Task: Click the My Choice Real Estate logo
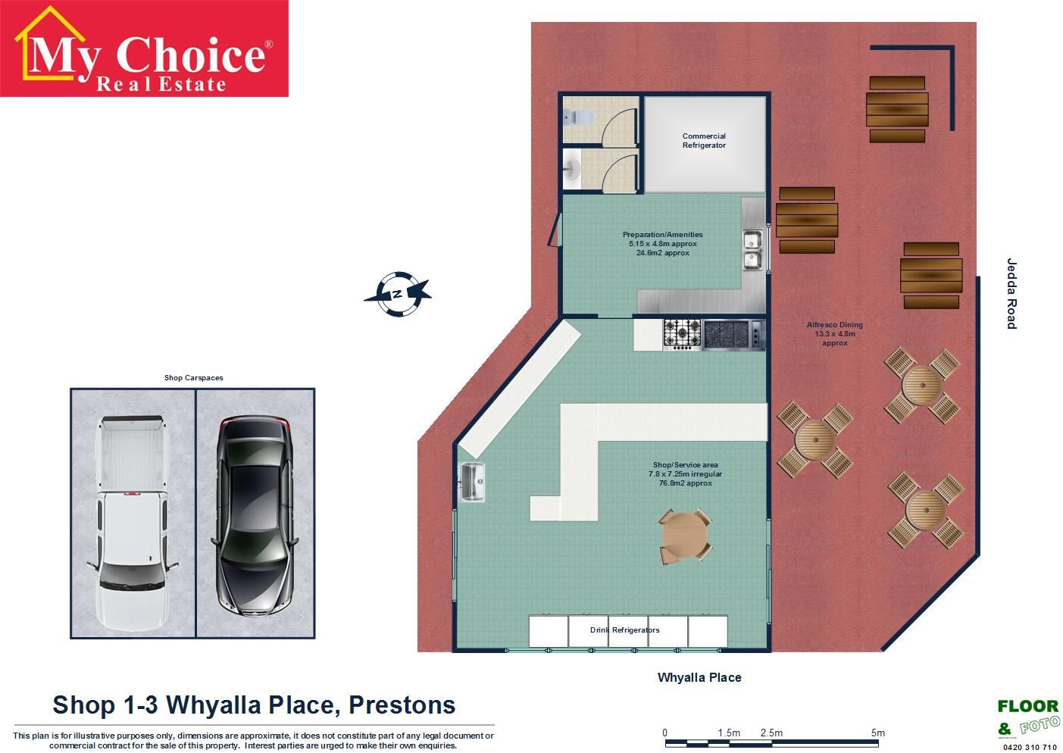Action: [144, 48]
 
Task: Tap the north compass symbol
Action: [399, 294]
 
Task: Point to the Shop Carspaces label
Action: [194, 378]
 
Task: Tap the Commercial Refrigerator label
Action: [704, 140]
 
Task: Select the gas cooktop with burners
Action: [683, 335]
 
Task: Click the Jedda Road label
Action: [1011, 293]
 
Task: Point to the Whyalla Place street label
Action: [699, 677]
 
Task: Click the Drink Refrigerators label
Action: [624, 630]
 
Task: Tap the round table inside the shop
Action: [685, 536]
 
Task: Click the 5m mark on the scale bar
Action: [878, 733]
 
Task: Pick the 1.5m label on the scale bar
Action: [729, 733]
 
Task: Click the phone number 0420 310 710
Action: [1030, 747]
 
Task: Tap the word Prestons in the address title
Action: [402, 705]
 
